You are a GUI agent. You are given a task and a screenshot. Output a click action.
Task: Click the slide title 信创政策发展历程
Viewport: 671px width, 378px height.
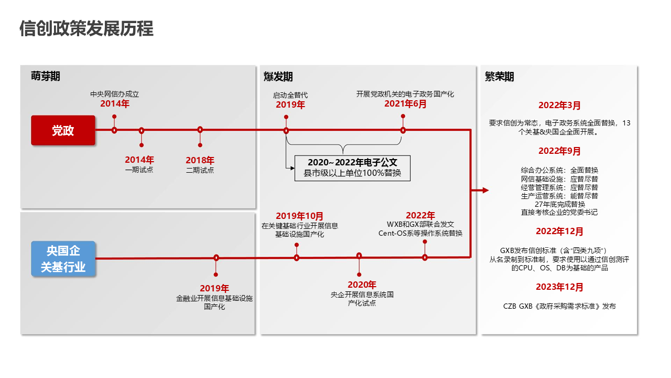click(86, 28)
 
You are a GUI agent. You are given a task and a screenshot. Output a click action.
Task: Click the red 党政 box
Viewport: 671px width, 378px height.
click(63, 131)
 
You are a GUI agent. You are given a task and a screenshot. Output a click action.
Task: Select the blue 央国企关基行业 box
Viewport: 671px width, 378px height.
click(63, 259)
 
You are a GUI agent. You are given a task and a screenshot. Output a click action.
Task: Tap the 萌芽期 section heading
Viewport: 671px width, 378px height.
click(46, 76)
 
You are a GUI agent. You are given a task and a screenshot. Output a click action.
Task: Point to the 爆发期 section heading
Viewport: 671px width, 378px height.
click(278, 77)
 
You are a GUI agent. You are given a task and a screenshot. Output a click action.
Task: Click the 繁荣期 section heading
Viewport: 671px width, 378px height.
click(499, 77)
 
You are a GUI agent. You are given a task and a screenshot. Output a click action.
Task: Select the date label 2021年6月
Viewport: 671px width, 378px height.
click(405, 104)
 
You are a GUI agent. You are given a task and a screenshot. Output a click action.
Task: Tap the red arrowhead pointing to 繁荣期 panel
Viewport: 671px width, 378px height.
click(485, 191)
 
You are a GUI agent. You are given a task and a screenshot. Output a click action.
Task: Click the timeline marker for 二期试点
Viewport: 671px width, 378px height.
click(200, 130)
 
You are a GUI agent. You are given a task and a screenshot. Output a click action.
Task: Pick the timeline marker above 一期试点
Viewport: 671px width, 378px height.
click(142, 130)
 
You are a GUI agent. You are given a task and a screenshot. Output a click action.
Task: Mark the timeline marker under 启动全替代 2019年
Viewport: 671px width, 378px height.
click(286, 130)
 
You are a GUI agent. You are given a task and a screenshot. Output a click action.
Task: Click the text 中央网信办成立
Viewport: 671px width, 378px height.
click(115, 94)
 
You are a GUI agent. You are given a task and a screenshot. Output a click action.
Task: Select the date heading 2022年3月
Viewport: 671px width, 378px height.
click(559, 106)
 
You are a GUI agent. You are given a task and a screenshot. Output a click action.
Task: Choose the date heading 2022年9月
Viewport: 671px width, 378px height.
click(559, 151)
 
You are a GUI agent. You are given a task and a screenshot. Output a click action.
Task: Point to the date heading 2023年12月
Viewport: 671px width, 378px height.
click(559, 287)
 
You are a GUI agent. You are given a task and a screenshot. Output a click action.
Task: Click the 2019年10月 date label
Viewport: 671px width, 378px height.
click(300, 216)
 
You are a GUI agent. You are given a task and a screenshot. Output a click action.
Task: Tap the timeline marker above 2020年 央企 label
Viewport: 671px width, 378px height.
click(359, 256)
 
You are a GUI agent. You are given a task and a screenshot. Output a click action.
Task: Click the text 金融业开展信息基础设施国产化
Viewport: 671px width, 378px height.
click(214, 302)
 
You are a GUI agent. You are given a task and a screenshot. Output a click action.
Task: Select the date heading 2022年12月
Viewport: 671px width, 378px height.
click(559, 232)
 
